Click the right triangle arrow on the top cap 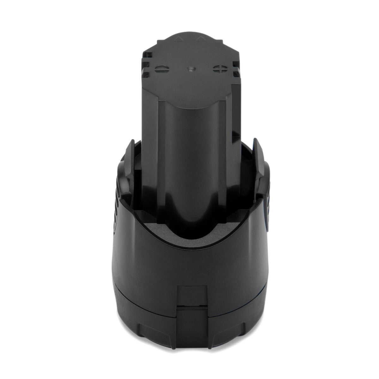200,39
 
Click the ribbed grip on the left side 116,196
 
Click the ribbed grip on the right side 268,196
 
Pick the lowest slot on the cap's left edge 145,74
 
